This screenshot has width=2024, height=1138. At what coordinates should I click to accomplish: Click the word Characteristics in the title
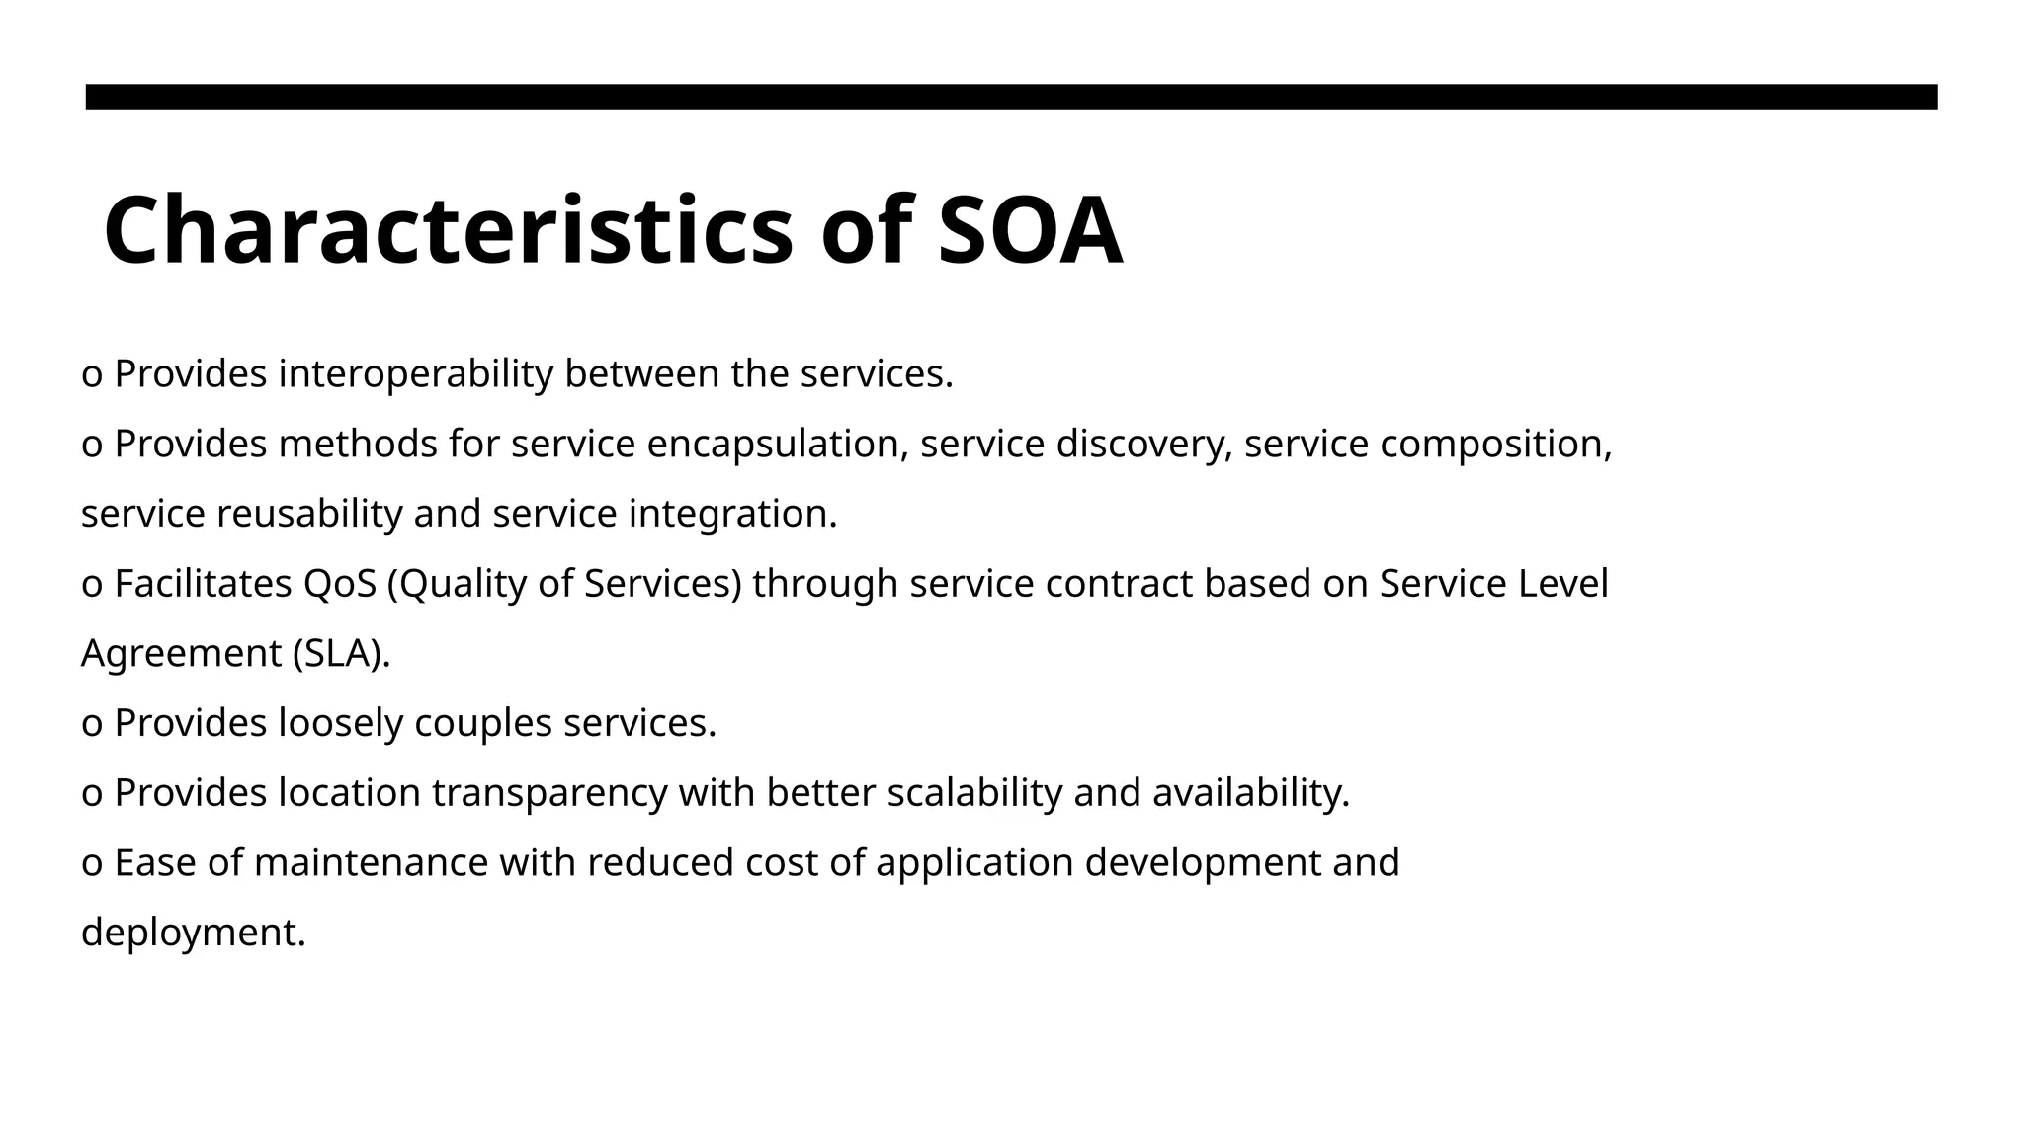click(x=448, y=231)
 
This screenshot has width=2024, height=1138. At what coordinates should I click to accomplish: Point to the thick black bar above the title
click(x=1011, y=97)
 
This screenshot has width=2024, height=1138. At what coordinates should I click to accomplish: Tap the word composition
click(x=1495, y=445)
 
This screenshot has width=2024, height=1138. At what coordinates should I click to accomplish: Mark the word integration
click(x=732, y=515)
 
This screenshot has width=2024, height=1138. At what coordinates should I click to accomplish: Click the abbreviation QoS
click(x=340, y=584)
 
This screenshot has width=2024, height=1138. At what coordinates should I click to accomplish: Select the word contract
click(x=1119, y=584)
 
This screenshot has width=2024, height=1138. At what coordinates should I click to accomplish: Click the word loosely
click(x=341, y=724)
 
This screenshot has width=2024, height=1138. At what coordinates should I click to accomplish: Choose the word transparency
click(x=549, y=793)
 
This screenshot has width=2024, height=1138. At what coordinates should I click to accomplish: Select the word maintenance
click(x=371, y=863)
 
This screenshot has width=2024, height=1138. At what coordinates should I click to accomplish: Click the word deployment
click(x=193, y=934)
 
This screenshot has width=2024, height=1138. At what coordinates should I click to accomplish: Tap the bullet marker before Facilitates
click(x=92, y=586)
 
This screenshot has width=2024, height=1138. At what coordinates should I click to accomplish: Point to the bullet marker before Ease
click(x=92, y=865)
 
